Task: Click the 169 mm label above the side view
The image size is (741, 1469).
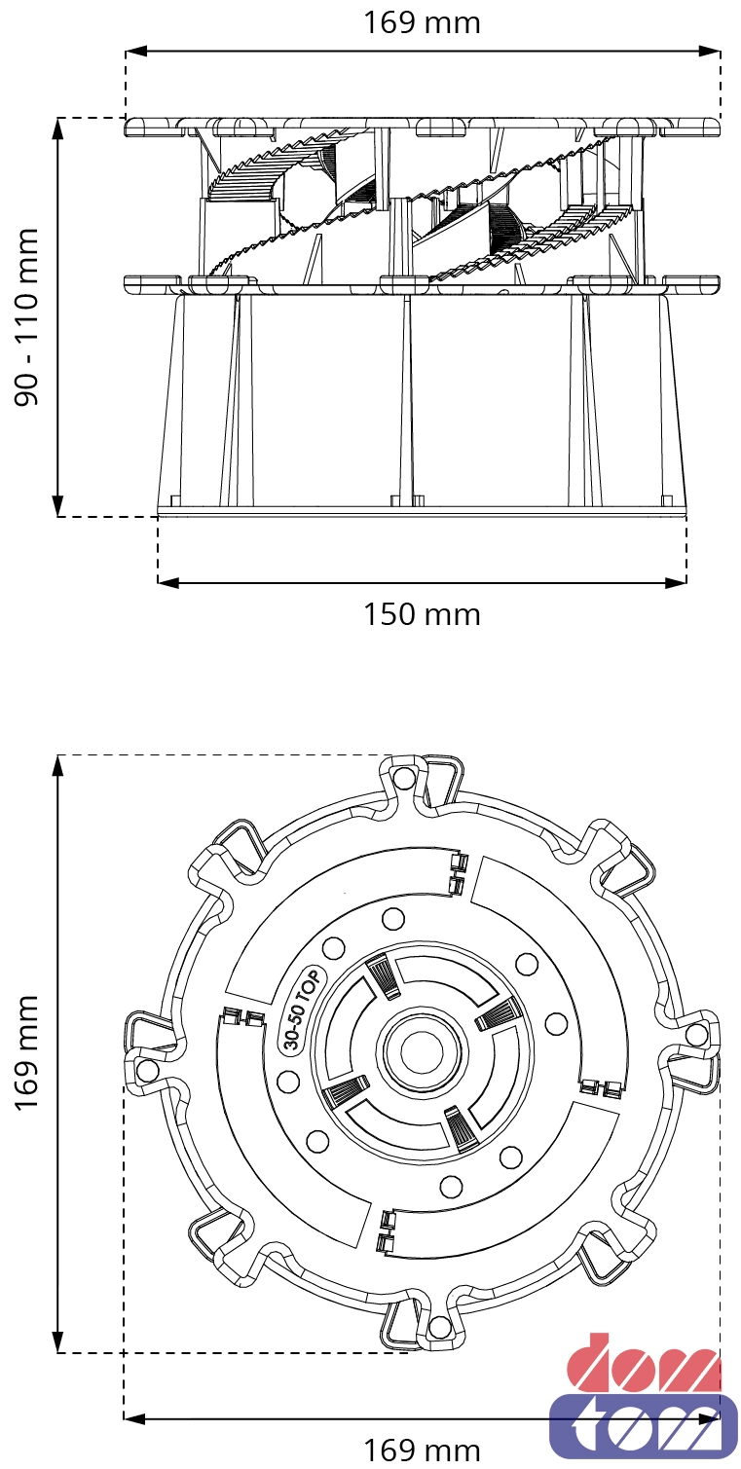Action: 422,22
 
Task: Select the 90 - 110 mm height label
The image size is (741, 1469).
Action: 27,317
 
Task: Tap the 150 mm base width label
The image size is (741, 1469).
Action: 422,614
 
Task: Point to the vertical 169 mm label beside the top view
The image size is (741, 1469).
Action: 27,1052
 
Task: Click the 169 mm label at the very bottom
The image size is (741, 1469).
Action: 422,1451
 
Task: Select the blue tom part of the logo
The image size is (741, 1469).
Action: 644,1424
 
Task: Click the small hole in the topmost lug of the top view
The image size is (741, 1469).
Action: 404,777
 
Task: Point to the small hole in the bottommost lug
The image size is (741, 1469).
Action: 439,1327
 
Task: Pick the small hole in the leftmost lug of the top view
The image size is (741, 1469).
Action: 148,1070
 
